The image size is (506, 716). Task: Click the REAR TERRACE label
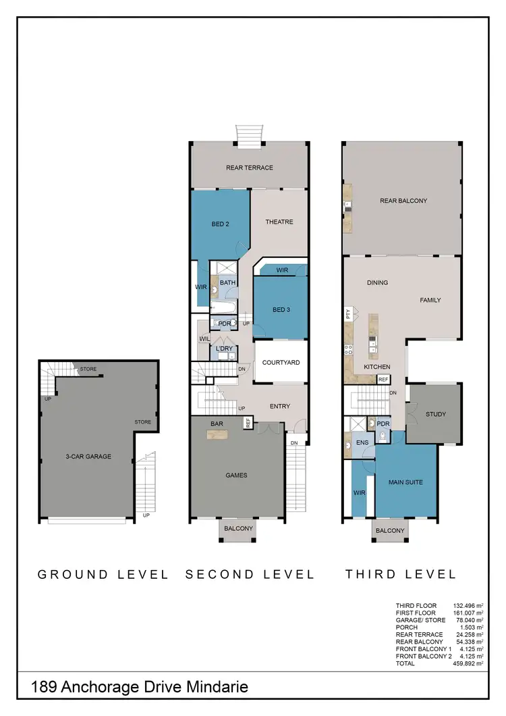tap(250, 168)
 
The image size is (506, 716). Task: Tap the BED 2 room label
tap(221, 224)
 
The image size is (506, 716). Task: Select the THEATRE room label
tap(279, 222)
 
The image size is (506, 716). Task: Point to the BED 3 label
tap(281, 310)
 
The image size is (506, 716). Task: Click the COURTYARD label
tap(281, 363)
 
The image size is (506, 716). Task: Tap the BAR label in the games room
tap(217, 424)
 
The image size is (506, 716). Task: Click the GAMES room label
tap(236, 475)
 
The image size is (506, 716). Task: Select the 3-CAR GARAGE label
tap(89, 457)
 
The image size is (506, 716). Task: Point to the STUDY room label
tap(436, 414)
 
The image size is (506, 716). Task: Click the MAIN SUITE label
tap(405, 483)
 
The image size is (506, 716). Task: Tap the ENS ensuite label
tap(361, 444)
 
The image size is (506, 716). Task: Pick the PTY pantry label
tap(348, 313)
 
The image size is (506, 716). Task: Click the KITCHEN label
tap(376, 367)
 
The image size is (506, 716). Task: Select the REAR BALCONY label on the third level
tap(403, 201)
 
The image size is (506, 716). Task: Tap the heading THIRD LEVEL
tap(401, 574)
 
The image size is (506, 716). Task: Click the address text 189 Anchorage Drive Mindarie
tap(140, 688)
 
